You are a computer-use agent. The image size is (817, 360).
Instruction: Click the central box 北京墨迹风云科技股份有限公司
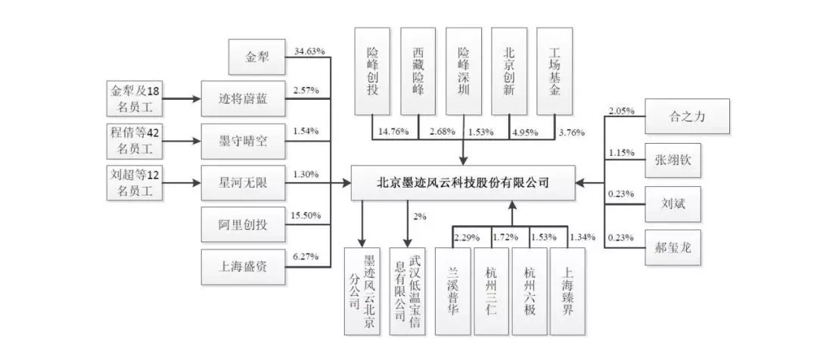462,182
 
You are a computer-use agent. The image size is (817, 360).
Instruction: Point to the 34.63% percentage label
309,51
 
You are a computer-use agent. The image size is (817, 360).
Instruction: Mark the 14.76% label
393,132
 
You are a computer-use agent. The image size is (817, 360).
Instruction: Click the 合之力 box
685,117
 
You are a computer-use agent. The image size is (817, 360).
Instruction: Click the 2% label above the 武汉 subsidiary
420,217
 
